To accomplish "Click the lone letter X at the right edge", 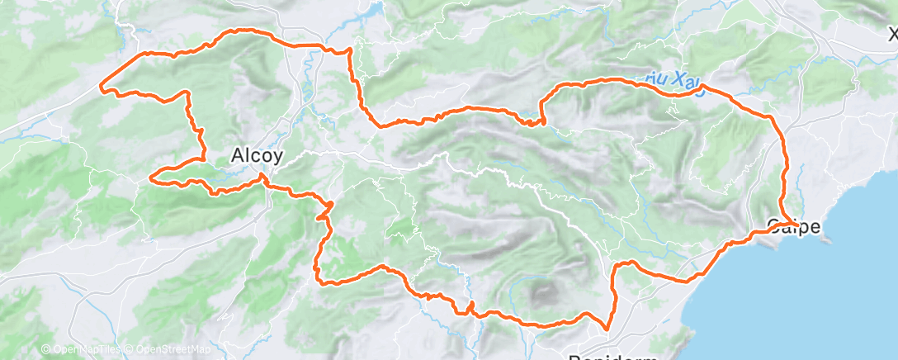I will [x=892, y=35].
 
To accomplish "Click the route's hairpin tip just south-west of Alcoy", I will [x=151, y=176].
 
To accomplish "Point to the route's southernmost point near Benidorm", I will [x=607, y=329].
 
